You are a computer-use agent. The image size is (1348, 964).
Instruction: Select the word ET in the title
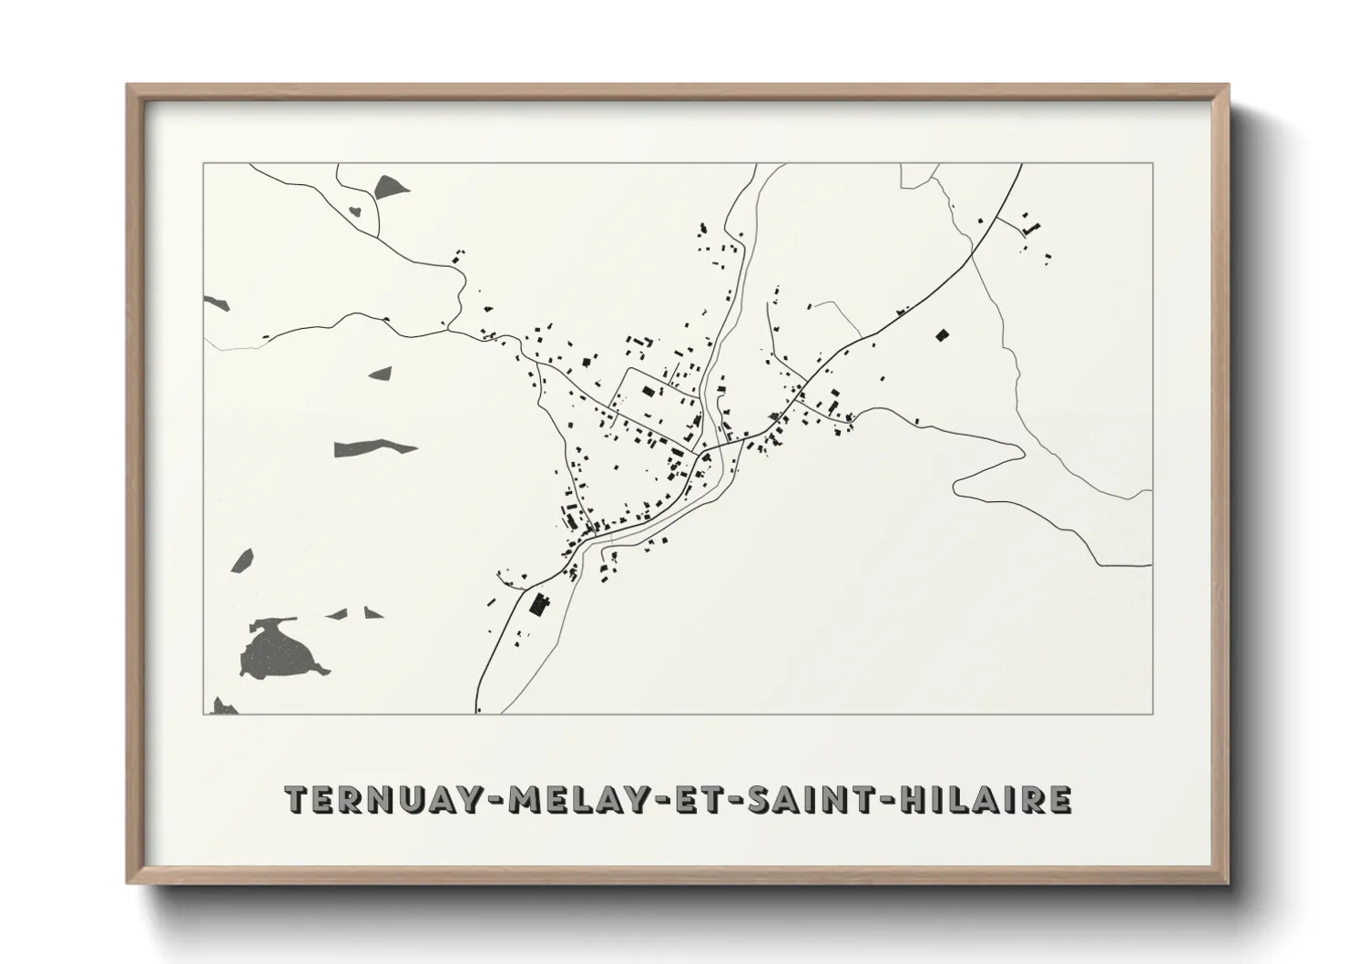(691, 799)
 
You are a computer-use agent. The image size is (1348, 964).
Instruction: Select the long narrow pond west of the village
(373, 446)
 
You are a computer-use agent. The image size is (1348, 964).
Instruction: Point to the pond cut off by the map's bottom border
(220, 705)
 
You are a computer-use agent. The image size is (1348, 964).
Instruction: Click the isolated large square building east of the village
(942, 334)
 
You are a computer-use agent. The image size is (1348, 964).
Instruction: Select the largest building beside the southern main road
(540, 604)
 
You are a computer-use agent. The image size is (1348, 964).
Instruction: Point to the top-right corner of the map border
(1152, 164)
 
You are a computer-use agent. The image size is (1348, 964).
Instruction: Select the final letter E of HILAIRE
(1058, 799)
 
